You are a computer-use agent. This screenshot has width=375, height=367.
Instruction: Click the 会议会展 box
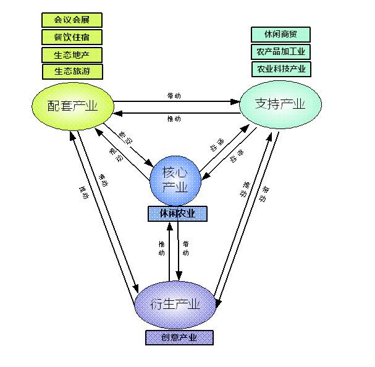coord(72,20)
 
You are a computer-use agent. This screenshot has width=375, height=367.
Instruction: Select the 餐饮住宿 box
coord(72,37)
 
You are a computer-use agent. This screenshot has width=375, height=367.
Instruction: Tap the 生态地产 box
coord(72,54)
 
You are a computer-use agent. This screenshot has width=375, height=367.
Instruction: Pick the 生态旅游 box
coord(72,71)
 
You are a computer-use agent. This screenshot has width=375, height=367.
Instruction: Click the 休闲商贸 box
coord(281,35)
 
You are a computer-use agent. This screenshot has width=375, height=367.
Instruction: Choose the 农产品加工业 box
coord(281,51)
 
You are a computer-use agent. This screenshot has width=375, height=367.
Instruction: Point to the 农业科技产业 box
coord(281,68)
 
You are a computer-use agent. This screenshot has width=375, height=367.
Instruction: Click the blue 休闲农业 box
coord(177,213)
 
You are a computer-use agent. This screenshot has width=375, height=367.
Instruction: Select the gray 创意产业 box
coord(179,337)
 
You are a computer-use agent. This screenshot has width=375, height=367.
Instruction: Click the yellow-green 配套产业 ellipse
coord(73,106)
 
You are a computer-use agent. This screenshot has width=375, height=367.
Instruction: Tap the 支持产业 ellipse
coord(280,104)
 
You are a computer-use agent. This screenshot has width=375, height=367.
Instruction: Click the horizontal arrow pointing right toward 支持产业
coord(176,101)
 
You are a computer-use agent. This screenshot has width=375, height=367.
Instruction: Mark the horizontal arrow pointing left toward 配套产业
coord(176,111)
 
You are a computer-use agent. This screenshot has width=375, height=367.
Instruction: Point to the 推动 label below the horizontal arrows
coord(174,118)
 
